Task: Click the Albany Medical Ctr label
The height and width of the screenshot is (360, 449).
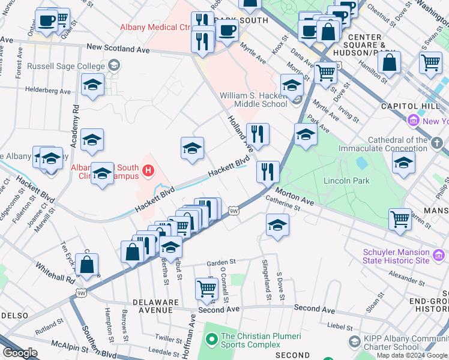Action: point(156,27)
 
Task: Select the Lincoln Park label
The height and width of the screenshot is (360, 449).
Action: point(346,181)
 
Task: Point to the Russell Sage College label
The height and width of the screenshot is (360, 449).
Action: point(65,65)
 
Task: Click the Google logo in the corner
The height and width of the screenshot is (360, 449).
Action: point(20,353)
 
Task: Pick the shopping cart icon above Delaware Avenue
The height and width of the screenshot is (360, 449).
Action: point(206,288)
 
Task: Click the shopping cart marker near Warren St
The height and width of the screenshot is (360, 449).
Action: point(400,218)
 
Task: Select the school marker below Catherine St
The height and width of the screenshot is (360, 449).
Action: point(277,225)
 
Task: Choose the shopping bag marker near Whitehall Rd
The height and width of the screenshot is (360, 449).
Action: point(87,265)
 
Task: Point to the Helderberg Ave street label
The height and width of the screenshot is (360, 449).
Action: point(47,91)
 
